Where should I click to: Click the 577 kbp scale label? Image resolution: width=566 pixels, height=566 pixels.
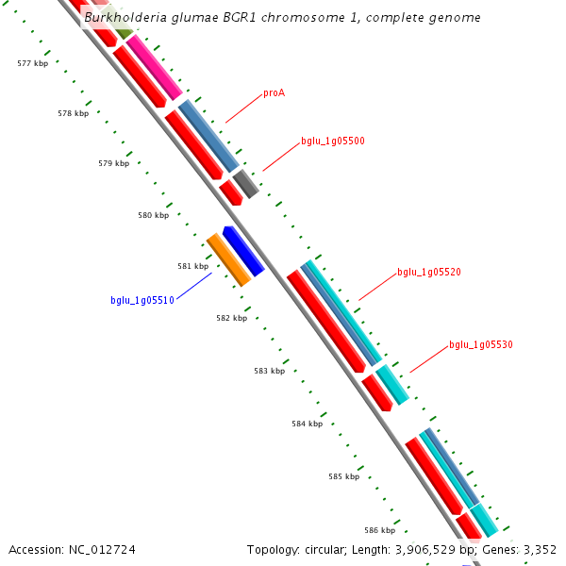coord(32,63)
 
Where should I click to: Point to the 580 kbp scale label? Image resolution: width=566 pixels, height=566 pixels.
coord(153,215)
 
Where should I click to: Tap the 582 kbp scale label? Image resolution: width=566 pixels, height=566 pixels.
coord(231,318)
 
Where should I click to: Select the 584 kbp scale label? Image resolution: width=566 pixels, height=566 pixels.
coord(307,424)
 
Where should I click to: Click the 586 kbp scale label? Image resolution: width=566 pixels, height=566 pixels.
coord(380,530)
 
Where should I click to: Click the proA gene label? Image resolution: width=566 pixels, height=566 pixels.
coord(274,93)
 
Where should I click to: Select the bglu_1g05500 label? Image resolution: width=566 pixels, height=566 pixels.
coord(332,141)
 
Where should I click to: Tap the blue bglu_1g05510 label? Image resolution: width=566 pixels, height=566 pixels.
coord(141,301)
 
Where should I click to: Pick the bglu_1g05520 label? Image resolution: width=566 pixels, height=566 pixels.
coord(428,273)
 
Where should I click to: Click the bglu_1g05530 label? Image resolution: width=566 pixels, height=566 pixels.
coord(480,345)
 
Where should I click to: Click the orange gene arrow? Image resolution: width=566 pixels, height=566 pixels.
coord(228,259)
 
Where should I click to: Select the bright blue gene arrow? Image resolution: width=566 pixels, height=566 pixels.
coord(242,251)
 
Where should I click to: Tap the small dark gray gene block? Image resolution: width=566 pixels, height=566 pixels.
coord(245,183)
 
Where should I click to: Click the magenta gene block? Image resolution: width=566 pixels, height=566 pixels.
coord(154,66)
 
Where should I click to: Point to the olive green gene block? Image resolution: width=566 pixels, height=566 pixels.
coord(120,35)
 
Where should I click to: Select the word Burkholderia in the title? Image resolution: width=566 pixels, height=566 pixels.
coord(121,18)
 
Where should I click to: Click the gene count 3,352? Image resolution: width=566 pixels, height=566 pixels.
coord(539,549)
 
